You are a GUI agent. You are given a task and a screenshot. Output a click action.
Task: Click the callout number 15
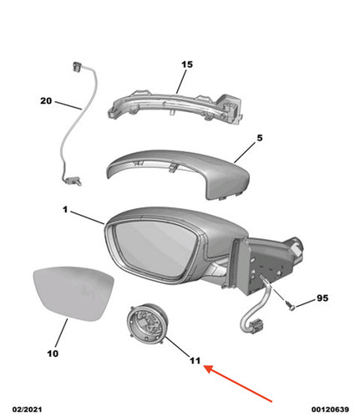tap(187, 64)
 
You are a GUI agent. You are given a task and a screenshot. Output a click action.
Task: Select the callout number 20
tap(46, 100)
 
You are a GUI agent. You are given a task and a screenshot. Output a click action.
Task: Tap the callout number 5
tap(260, 138)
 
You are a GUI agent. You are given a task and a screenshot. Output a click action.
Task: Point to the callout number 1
tap(65, 209)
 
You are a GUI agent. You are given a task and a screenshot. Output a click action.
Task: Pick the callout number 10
tap(53, 354)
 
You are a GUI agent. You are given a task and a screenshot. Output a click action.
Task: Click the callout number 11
tap(195, 361)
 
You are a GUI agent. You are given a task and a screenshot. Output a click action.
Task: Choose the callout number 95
tap(322, 298)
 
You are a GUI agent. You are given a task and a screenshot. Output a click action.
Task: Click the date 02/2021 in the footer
tap(27, 410)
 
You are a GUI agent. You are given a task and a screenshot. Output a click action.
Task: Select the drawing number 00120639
tap(330, 410)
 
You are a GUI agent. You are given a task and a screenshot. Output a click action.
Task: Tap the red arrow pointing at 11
tap(238, 384)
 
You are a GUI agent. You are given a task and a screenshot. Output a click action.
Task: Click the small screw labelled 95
tap(290, 306)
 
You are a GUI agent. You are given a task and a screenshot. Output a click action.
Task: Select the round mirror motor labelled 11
tap(148, 324)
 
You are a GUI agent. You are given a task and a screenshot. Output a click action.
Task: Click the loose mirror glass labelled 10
tap(74, 293)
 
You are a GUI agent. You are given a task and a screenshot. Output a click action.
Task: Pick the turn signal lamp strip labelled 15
tap(174, 106)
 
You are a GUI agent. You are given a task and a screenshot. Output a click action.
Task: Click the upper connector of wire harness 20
tap(77, 67)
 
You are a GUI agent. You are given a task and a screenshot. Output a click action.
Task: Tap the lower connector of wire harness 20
tap(73, 181)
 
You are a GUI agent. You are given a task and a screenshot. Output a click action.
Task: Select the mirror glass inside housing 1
tap(155, 248)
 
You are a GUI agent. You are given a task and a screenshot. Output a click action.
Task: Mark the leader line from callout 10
tap(61, 333)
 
